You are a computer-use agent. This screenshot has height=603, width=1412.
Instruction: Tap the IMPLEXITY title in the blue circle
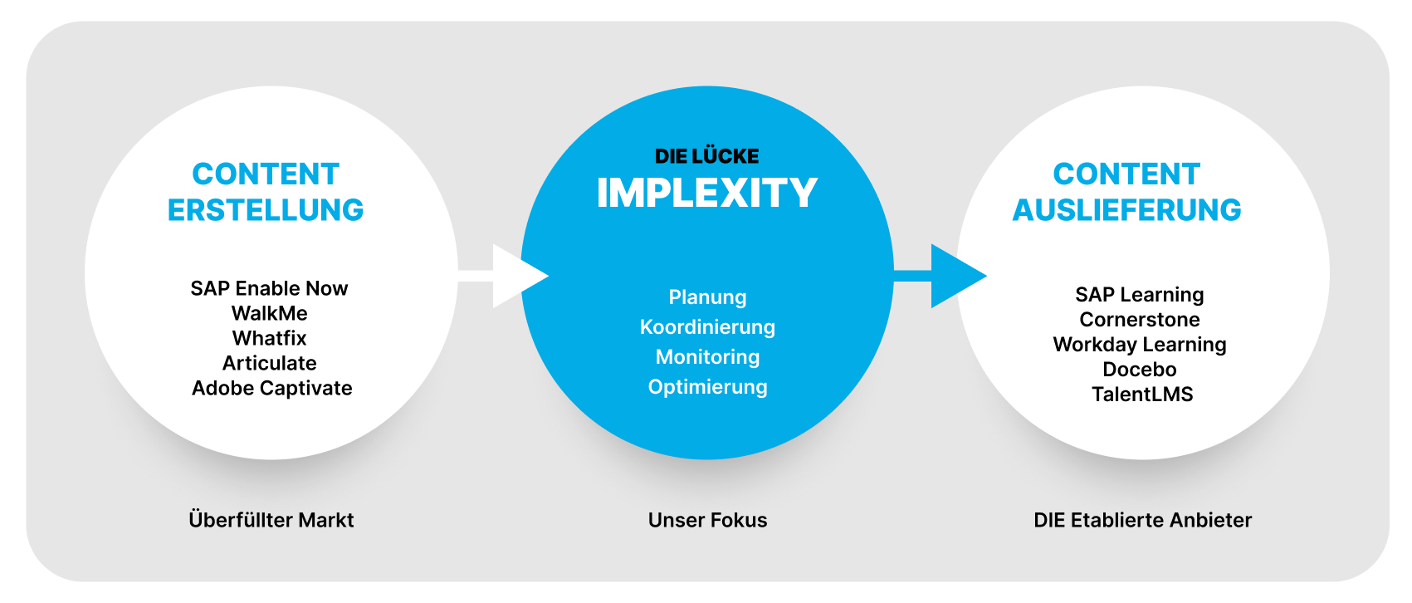[x=707, y=193]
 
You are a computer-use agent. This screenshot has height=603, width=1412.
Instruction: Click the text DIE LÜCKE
[x=707, y=156]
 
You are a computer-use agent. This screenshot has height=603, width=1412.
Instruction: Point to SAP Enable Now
[x=269, y=288]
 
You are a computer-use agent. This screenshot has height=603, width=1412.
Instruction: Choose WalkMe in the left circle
[x=269, y=313]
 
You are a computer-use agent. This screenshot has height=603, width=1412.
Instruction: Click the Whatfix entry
[x=269, y=338]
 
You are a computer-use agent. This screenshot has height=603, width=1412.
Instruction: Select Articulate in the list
[x=269, y=363]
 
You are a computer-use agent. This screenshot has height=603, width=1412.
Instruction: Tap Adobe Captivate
[x=271, y=388]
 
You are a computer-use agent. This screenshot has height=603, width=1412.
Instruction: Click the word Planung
[x=707, y=297]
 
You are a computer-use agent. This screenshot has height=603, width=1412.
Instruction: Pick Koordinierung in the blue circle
[x=707, y=327]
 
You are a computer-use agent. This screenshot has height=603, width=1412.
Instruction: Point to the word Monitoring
[x=707, y=357]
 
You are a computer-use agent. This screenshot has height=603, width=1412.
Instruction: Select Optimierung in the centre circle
[x=707, y=387]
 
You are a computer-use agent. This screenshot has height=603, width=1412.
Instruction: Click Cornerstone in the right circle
[x=1139, y=320]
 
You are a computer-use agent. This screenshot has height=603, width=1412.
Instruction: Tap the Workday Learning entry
[x=1139, y=345]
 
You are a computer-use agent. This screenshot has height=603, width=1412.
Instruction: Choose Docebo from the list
[x=1139, y=370]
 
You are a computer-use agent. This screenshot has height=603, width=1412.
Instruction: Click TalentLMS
[x=1141, y=395]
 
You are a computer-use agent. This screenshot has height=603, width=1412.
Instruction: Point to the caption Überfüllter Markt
[x=271, y=520]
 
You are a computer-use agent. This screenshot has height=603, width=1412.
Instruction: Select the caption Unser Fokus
[x=707, y=520]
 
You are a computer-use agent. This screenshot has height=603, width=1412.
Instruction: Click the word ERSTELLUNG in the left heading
[x=266, y=210]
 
